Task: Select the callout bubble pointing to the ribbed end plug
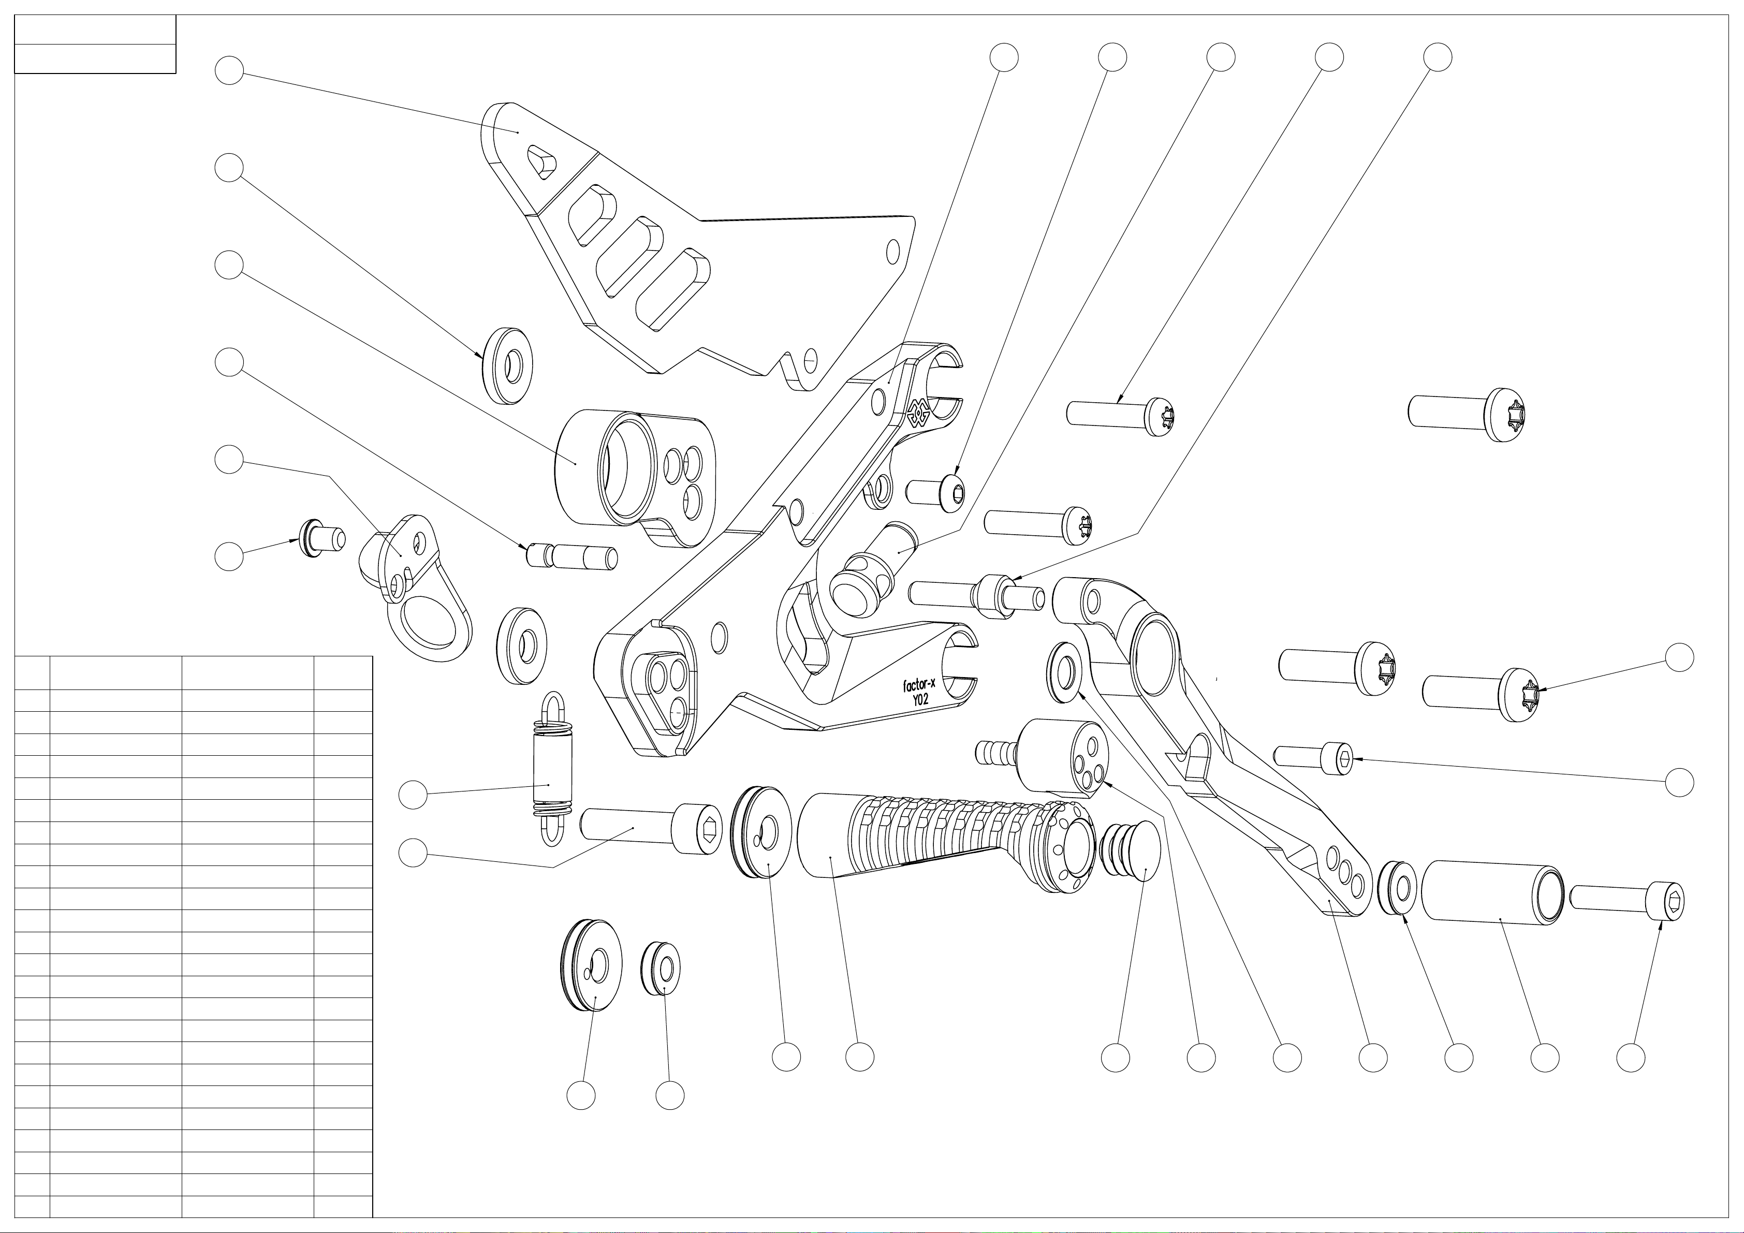1115,1057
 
